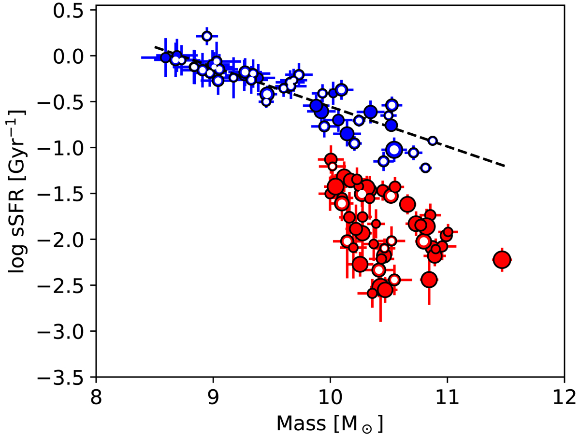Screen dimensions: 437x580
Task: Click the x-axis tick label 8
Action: pyautogui.click(x=96, y=397)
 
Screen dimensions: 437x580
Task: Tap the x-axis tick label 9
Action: pyautogui.click(x=213, y=397)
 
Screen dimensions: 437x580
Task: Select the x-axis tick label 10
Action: pyautogui.click(x=330, y=397)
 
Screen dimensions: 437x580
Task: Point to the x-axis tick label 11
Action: pyautogui.click(x=447, y=397)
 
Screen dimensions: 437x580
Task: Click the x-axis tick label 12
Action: pyautogui.click(x=564, y=397)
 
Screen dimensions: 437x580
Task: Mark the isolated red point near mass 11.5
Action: pyautogui.click(x=502, y=259)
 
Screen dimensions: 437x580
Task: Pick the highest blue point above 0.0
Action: pyautogui.click(x=207, y=36)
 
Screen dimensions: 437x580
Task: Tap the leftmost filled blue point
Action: pyautogui.click(x=166, y=57)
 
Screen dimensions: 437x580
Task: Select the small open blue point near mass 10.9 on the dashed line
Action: pyautogui.click(x=433, y=141)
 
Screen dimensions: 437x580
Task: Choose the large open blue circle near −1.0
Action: pyautogui.click(x=394, y=149)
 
